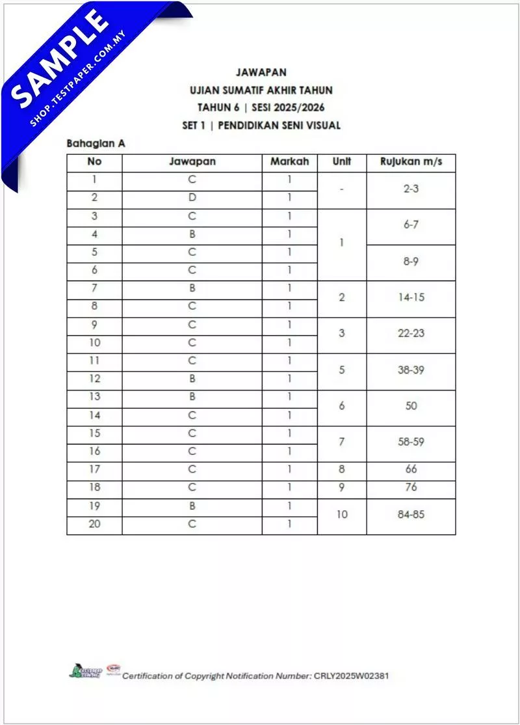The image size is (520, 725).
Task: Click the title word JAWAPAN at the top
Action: [261, 72]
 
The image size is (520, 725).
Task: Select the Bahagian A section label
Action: [96, 143]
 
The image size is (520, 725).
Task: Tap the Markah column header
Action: [289, 162]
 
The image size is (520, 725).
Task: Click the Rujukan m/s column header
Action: [411, 162]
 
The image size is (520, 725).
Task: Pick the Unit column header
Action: [341, 162]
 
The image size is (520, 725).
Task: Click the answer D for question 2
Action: [192, 198]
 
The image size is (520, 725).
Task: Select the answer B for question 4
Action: [192, 234]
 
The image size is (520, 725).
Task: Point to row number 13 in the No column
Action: [94, 396]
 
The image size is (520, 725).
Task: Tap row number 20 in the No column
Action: [94, 523]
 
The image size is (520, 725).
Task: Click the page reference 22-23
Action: [411, 333]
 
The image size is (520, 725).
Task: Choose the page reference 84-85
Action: [411, 514]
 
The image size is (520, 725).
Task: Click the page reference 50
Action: [411, 406]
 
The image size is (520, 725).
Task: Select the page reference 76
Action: [411, 487]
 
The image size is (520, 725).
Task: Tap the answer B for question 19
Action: [192, 506]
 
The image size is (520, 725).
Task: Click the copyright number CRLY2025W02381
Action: [351, 676]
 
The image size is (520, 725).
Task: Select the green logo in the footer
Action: [84, 671]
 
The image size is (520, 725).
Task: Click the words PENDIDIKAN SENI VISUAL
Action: [279, 125]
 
